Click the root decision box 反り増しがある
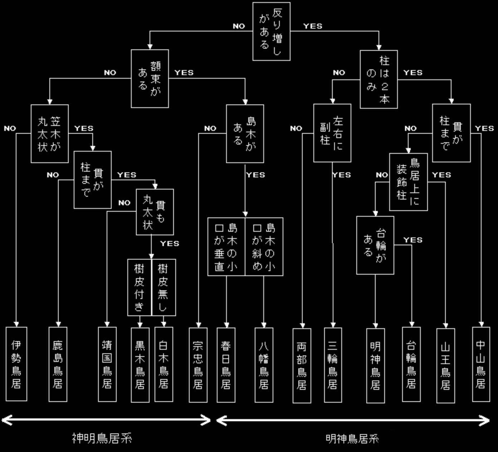pyautogui.click(x=271, y=31)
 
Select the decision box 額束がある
pyautogui.click(x=150, y=79)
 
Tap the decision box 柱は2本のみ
pyautogui.click(x=379, y=79)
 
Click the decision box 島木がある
pyautogui.click(x=245, y=134)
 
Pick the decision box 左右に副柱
pyautogui.click(x=332, y=133)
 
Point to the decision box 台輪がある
pyautogui.click(x=375, y=245)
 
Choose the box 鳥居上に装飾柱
pyautogui.click(x=408, y=182)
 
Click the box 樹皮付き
pyautogui.click(x=140, y=288)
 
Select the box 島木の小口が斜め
pyautogui.click(x=264, y=247)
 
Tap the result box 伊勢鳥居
pyautogui.click(x=16, y=364)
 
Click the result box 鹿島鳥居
pyautogui.click(x=58, y=364)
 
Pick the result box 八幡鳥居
pyautogui.click(x=264, y=365)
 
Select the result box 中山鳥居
pyautogui.click(x=481, y=364)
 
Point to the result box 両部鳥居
pyautogui.click(x=302, y=365)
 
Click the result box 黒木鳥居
pyautogui.click(x=140, y=364)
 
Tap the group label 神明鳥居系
pyautogui.click(x=102, y=438)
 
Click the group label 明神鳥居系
pyautogui.click(x=352, y=438)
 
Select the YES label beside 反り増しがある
pyautogui.click(x=313, y=26)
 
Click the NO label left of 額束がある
pyautogui.click(x=110, y=73)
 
